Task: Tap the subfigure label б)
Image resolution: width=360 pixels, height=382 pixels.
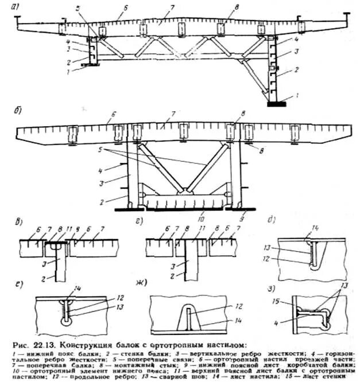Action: coord(19,106)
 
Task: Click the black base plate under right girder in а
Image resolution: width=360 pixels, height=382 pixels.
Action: coord(277,104)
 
